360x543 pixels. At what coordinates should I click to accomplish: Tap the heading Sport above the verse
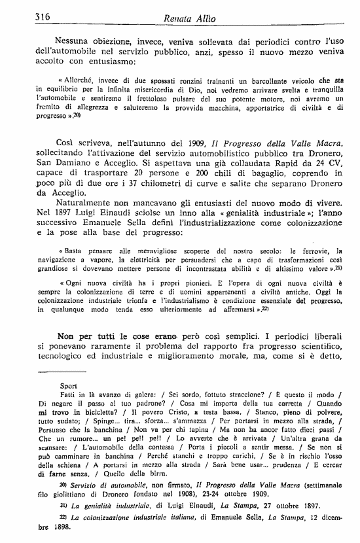[67, 386]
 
